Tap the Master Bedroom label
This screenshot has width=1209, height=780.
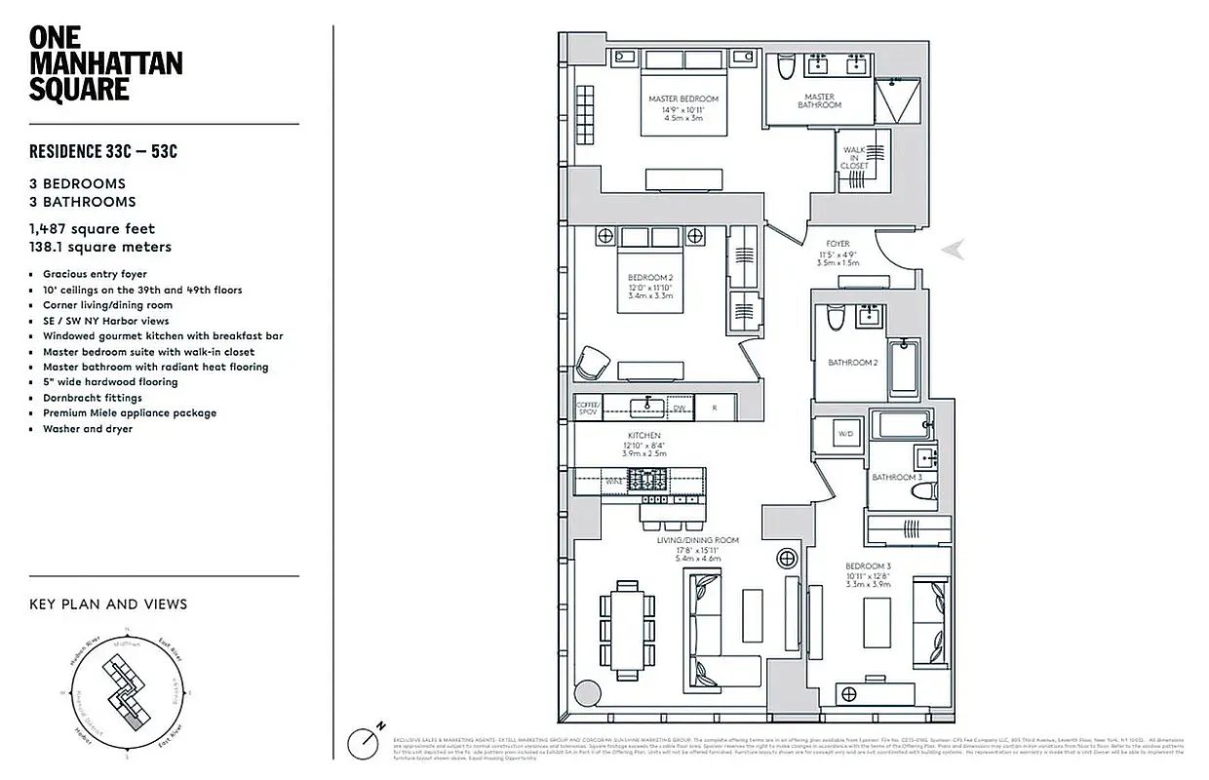pos(683,99)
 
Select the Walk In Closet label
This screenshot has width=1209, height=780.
pos(854,157)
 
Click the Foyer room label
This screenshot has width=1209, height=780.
pos(838,244)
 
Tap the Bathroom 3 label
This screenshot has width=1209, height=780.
pos(894,478)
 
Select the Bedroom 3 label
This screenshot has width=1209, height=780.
pos(867,566)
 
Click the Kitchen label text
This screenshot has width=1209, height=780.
pos(643,436)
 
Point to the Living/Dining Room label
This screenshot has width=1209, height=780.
pos(697,540)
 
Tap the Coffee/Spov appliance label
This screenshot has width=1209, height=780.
pos(587,409)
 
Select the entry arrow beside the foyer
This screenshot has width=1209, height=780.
pos(953,250)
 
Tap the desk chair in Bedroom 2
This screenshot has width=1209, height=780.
pos(592,363)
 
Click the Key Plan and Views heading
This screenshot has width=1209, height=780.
pos(108,604)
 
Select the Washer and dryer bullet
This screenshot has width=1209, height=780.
pos(87,429)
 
